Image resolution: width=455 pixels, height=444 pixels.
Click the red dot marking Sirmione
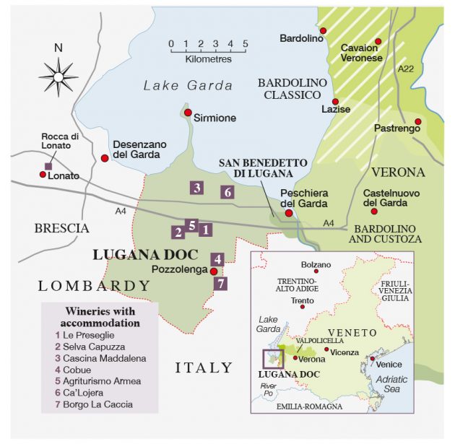click(x=188, y=113)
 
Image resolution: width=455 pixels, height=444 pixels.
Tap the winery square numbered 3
click(x=196, y=188)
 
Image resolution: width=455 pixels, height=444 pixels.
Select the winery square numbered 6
click(x=227, y=192)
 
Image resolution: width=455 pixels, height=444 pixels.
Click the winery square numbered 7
click(x=221, y=283)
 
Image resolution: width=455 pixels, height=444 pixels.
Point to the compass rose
click(x=58, y=74)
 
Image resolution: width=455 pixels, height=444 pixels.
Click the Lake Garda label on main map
click(x=188, y=86)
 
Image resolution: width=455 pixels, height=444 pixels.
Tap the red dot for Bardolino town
click(x=324, y=30)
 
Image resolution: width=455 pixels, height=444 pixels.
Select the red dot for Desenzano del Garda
click(x=105, y=158)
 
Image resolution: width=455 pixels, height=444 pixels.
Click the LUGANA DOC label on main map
click(x=144, y=255)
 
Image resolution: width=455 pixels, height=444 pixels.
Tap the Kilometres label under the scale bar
click(x=208, y=59)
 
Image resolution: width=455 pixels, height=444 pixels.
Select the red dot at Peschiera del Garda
click(x=289, y=213)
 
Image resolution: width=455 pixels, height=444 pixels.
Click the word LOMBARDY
click(x=94, y=287)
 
